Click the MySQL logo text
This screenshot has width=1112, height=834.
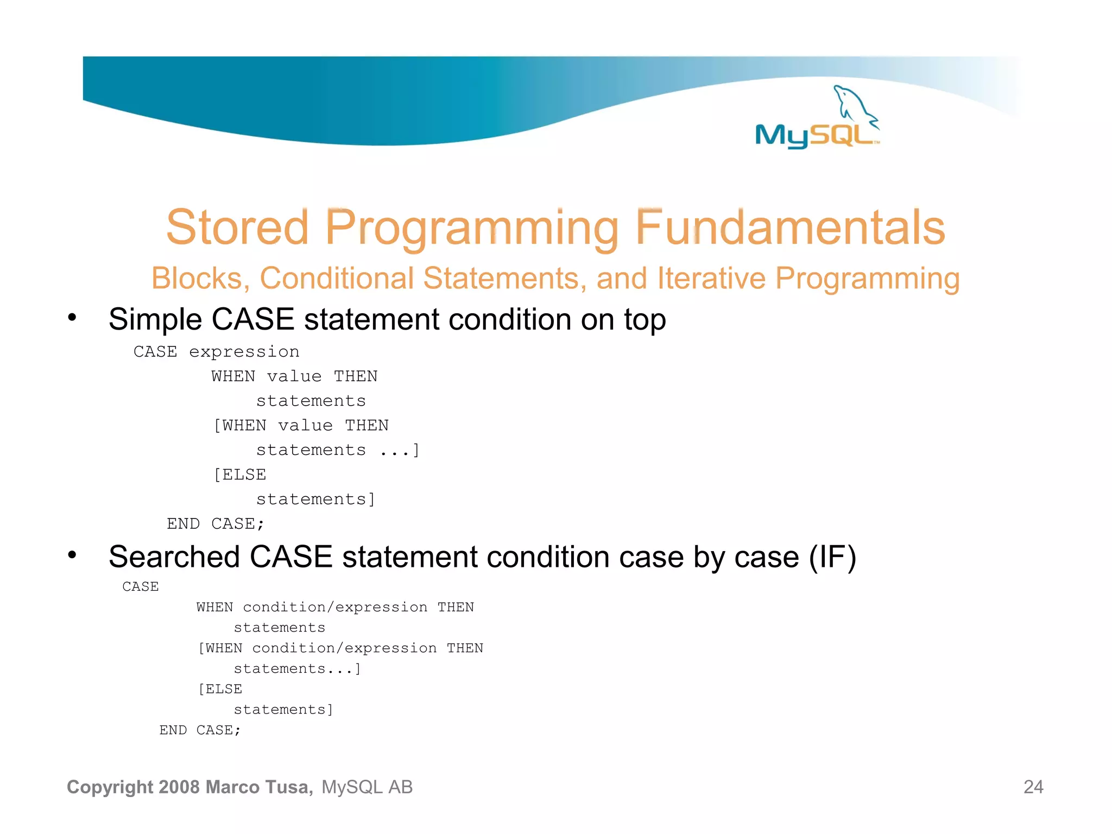pos(814,135)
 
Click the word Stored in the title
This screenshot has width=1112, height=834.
pos(237,228)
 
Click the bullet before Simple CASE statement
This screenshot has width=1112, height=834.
pos(72,318)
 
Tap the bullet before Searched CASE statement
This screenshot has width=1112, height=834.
pos(72,555)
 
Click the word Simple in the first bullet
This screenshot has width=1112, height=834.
pos(155,319)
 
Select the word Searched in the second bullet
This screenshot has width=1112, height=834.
pos(174,557)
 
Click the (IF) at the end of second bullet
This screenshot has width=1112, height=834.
pos(832,557)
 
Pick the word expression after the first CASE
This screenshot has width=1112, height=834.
pos(244,352)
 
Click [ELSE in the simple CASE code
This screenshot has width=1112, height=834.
pos(239,475)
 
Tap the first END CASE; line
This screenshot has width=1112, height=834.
pos(215,523)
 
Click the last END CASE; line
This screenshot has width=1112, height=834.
pos(199,730)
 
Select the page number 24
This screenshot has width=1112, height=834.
pos(1033,787)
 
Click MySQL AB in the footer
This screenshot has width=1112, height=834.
pos(367,787)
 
